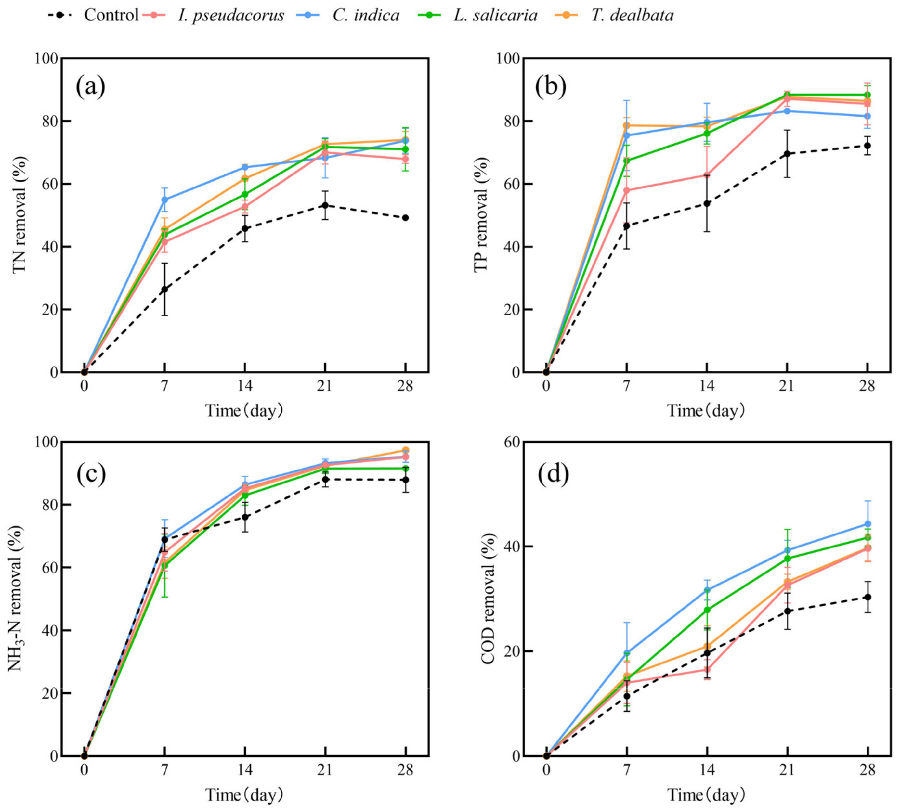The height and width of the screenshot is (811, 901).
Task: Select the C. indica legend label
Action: pos(366,15)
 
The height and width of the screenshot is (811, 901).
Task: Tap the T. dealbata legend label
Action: pos(632,15)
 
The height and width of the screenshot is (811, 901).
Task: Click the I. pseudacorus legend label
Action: pos(230,15)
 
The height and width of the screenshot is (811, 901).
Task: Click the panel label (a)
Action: pos(90,87)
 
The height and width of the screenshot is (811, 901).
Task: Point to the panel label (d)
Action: pos(553,475)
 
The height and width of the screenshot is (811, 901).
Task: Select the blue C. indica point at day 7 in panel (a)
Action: pos(164,200)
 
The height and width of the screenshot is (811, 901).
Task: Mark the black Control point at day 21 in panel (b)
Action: pos(787,154)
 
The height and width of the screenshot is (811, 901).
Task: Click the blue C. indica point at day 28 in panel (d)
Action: pos(868,524)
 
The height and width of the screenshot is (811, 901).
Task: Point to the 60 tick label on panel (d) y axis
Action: pos(509,442)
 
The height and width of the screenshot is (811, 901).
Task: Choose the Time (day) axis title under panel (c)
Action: pos(244,794)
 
